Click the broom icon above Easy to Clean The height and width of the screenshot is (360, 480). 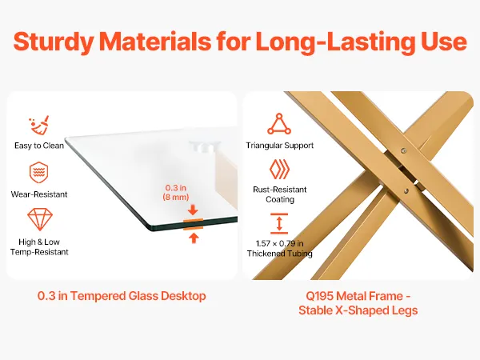click(x=39, y=125)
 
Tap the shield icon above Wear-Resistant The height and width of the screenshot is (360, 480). click(x=39, y=172)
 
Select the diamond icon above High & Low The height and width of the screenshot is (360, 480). click(x=40, y=219)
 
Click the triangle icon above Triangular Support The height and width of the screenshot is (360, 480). click(x=279, y=124)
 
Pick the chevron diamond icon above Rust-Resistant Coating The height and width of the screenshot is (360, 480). click(x=279, y=170)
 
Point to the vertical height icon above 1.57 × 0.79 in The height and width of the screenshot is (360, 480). click(x=279, y=223)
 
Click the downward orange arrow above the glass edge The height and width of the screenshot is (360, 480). click(x=193, y=210)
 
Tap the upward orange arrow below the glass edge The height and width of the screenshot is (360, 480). click(x=193, y=238)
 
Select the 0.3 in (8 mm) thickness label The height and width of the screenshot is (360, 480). click(x=176, y=192)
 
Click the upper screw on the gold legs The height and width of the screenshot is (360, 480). click(x=404, y=150)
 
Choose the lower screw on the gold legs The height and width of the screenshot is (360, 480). click(x=406, y=191)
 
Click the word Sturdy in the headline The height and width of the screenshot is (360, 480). click(x=53, y=42)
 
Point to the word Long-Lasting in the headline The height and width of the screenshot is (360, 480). click(x=335, y=42)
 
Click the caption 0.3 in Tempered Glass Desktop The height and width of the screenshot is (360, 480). click(x=122, y=296)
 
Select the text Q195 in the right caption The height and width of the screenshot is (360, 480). click(x=319, y=296)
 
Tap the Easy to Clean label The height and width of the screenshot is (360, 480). click(x=39, y=146)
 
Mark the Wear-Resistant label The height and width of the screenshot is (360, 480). click(x=39, y=194)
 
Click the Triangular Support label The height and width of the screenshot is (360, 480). click(x=279, y=146)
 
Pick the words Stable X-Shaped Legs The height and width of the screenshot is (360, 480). click(x=358, y=310)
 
